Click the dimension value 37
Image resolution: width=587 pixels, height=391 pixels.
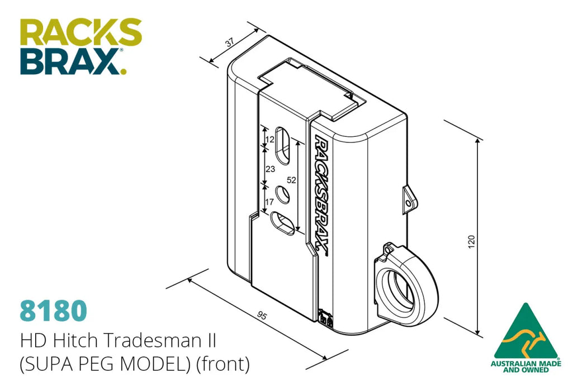point(230,42)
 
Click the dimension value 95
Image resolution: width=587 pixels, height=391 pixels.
point(262,316)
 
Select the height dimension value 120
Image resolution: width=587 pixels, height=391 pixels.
point(471,241)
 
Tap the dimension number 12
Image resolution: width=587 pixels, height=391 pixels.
point(269,140)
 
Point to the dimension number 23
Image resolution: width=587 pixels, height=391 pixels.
point(270,169)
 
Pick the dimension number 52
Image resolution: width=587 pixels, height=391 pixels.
point(291,180)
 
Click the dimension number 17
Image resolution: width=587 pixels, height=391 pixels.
point(269,202)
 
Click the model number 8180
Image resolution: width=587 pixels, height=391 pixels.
point(53,311)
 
